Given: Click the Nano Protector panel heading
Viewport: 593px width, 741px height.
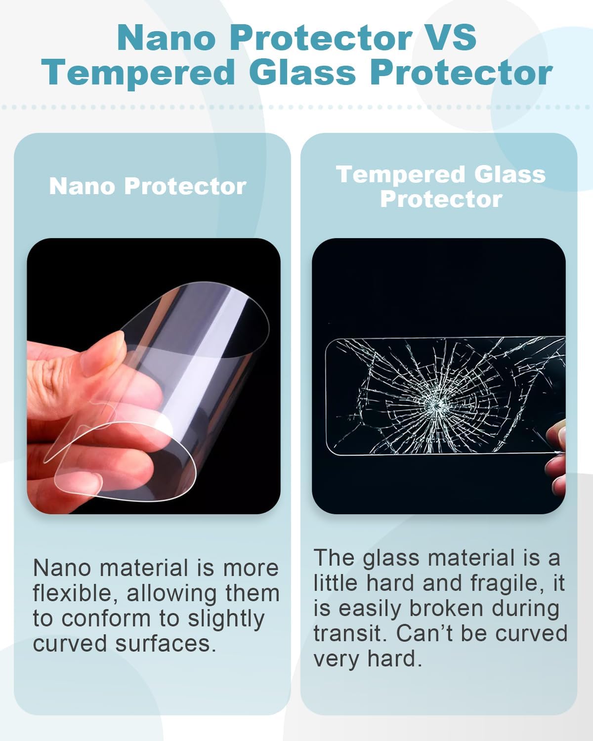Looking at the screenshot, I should pyautogui.click(x=147, y=186).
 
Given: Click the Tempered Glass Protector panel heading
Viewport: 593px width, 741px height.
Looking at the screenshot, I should pyautogui.click(x=440, y=186).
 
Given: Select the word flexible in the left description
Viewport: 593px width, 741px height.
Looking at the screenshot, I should pyautogui.click(x=74, y=593).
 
